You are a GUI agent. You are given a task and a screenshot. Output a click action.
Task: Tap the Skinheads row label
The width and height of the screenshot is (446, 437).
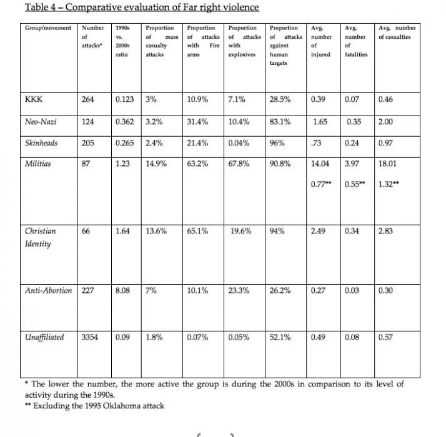click(x=41, y=143)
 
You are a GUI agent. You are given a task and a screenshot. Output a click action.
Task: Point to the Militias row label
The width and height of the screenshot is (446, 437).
click(x=38, y=164)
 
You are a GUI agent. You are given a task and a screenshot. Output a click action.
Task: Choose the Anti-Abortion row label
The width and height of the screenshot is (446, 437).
click(x=48, y=290)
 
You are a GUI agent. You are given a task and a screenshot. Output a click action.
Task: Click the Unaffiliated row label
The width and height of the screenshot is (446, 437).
click(x=44, y=337)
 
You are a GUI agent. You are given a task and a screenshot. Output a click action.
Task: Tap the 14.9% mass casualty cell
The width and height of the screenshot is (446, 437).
click(x=156, y=164)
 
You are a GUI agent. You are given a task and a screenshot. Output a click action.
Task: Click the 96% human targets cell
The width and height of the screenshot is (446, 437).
click(x=277, y=143)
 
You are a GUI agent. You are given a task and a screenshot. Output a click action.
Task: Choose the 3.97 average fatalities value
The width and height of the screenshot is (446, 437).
click(x=354, y=164)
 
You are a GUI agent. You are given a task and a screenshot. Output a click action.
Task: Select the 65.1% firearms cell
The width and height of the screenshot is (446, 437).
click(x=197, y=231)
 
